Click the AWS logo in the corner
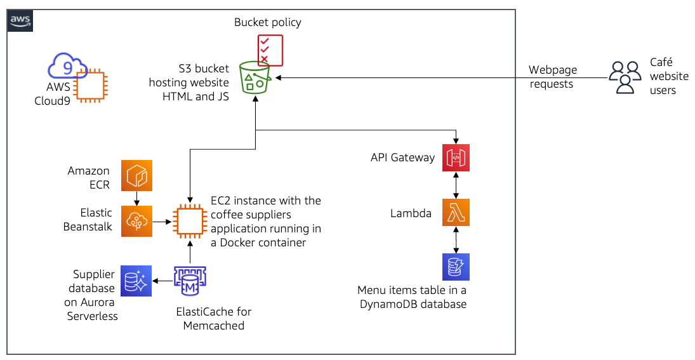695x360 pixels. [20, 21]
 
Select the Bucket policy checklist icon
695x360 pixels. [270, 50]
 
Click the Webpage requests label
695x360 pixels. [551, 77]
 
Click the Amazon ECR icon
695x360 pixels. [138, 176]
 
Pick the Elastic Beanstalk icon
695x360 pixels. [138, 222]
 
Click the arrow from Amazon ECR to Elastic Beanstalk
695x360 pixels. [138, 199]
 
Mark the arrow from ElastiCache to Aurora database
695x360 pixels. [162, 281]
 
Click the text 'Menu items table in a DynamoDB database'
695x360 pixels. [412, 297]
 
